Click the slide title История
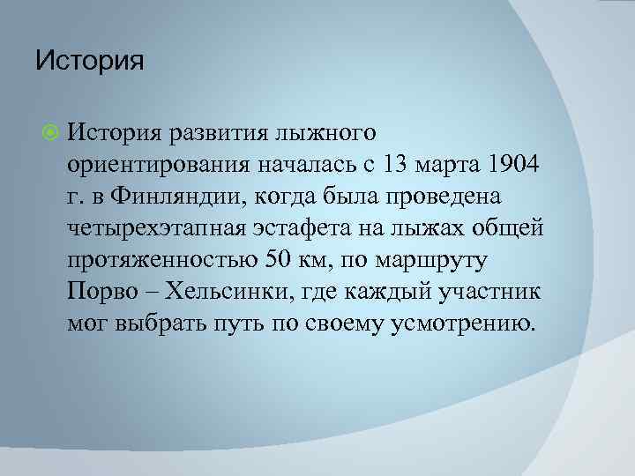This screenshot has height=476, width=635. click(89, 63)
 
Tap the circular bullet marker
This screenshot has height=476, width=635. click(49, 133)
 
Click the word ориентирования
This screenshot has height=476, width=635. click(157, 165)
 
